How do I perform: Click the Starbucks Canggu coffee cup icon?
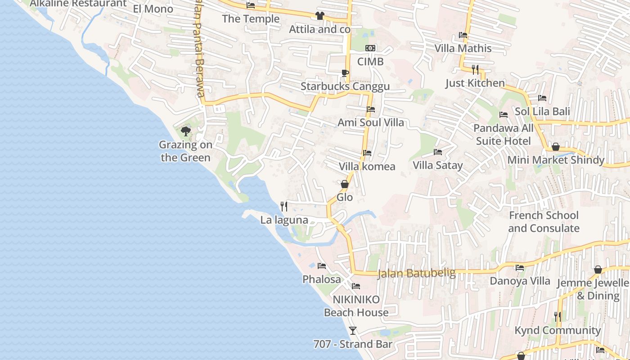click(x=345, y=73)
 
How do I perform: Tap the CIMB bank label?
click(x=370, y=62)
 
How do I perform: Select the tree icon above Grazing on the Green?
click(x=185, y=131)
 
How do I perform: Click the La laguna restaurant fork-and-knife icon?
click(x=284, y=207)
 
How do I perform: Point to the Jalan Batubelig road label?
click(x=417, y=273)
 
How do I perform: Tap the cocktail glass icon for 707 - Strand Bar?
click(x=353, y=331)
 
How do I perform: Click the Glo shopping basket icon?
click(x=345, y=184)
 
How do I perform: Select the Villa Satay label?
click(x=438, y=165)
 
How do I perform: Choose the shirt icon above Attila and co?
click(x=319, y=16)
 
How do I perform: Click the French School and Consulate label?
click(x=544, y=222)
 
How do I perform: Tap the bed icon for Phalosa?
click(x=321, y=266)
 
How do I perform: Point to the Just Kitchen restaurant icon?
click(x=475, y=69)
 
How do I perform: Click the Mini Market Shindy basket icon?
click(x=556, y=147)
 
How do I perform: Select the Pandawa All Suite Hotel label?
click(x=504, y=135)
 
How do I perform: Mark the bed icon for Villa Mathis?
click(x=463, y=35)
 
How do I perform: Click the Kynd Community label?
click(x=558, y=330)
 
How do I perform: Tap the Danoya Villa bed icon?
click(x=520, y=268)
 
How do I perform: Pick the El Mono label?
click(x=153, y=9)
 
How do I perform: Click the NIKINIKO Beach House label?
click(x=356, y=306)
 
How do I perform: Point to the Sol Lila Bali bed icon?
click(x=542, y=98)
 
